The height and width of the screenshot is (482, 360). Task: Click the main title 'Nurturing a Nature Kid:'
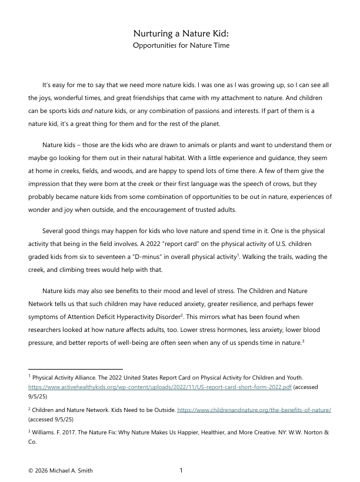tap(180, 34)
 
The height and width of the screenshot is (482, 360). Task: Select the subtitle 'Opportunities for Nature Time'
tap(180, 45)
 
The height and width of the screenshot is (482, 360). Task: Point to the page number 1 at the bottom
tap(181, 470)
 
